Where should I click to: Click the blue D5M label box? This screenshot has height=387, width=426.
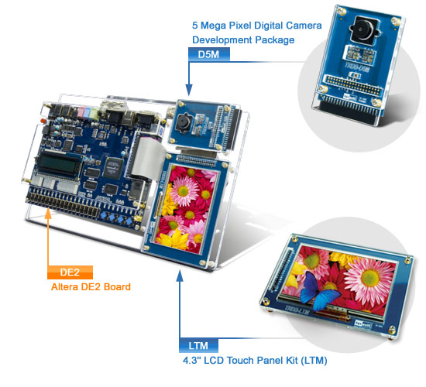(209, 54)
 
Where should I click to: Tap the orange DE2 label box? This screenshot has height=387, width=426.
(70, 272)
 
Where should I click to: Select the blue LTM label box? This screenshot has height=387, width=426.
(198, 346)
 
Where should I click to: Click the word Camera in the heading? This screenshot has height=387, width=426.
(304, 26)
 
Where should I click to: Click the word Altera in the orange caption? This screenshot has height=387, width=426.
(64, 287)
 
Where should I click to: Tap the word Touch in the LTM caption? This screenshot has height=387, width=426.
(240, 361)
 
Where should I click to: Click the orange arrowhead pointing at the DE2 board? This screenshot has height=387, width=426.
(48, 214)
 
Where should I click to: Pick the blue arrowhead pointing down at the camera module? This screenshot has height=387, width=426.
(189, 90)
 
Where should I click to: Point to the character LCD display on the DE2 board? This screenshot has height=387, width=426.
(59, 165)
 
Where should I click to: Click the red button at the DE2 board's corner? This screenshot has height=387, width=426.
(43, 120)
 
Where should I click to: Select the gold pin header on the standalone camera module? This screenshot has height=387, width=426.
(352, 85)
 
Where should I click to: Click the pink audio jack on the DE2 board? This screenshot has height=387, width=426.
(81, 111)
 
